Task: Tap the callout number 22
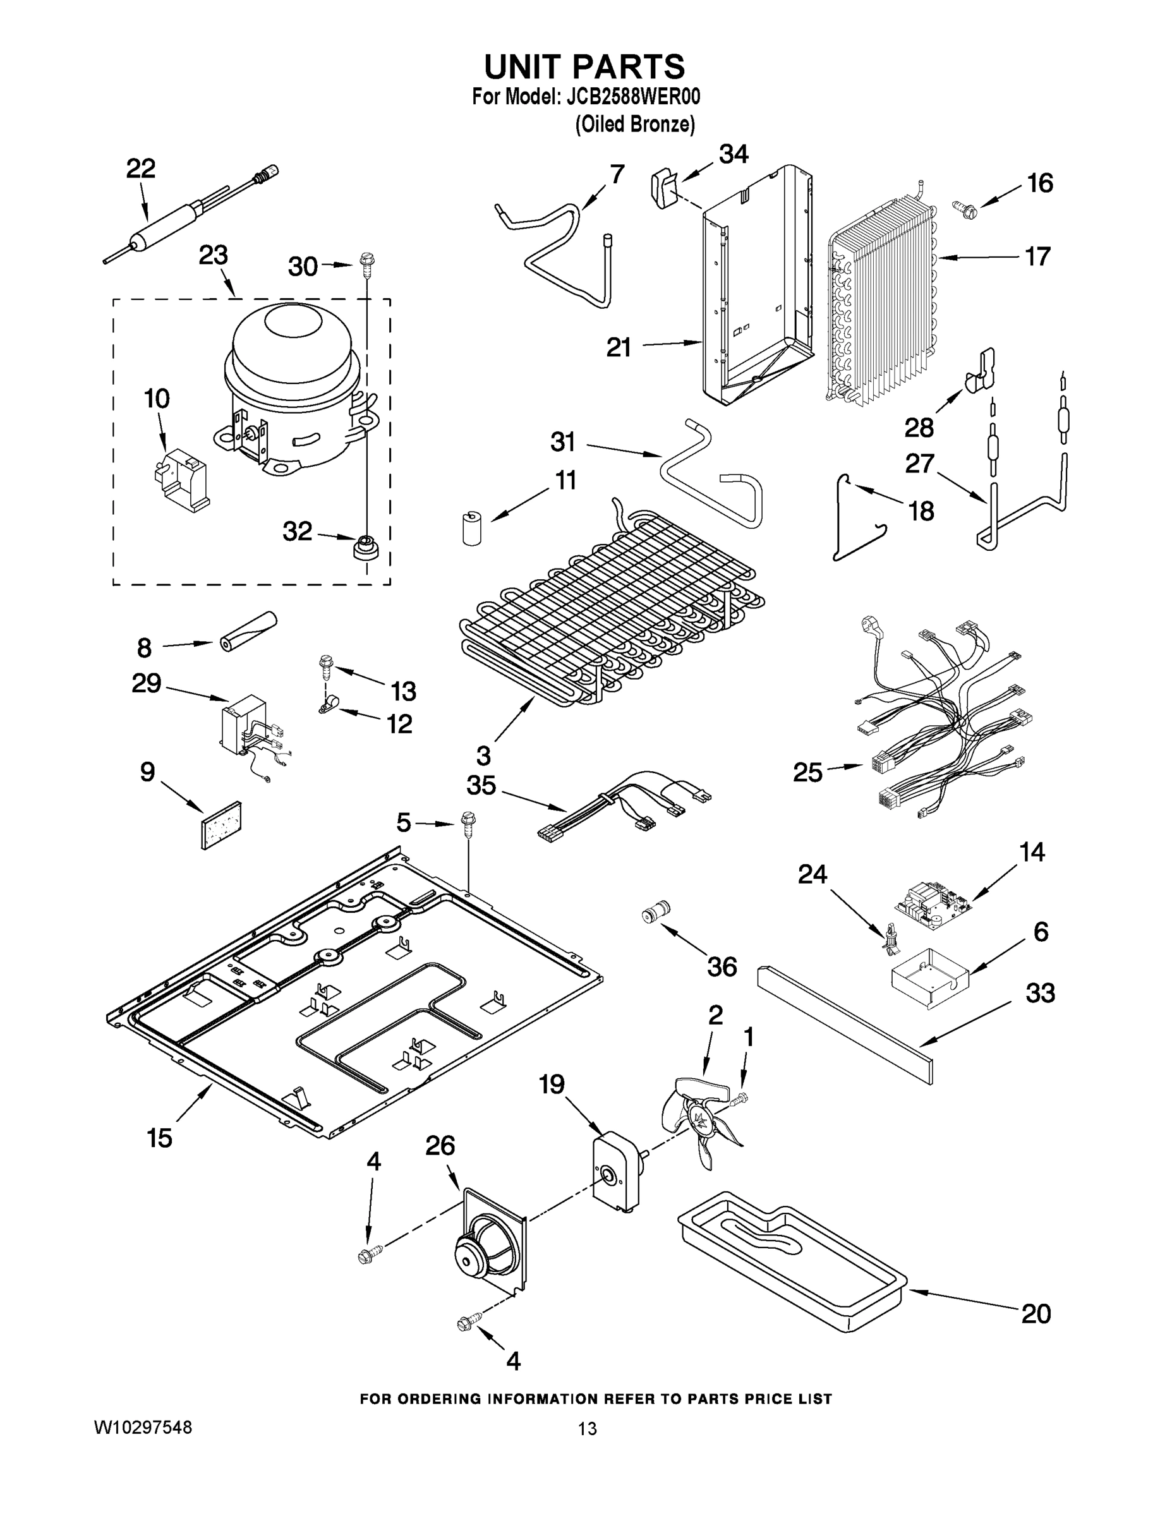(140, 169)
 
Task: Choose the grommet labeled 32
(365, 548)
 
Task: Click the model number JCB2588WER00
(633, 97)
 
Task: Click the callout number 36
(722, 966)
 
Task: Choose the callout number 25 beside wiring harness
(807, 772)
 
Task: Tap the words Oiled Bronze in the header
(634, 124)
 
